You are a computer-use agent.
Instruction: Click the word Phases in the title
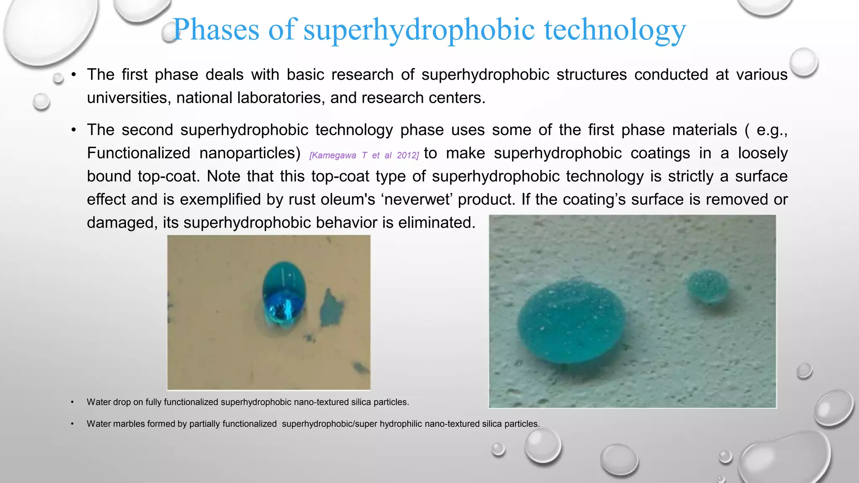pos(216,30)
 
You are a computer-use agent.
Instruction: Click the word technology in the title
pos(615,30)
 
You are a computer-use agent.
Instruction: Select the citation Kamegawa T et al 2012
pos(364,156)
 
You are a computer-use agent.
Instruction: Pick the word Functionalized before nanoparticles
pos(138,153)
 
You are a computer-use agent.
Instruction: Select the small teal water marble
pos(708,286)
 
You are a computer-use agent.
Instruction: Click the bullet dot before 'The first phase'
pos(73,75)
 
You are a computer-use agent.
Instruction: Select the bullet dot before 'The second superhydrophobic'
pos(73,130)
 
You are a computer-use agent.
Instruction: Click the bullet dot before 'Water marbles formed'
pos(72,424)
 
